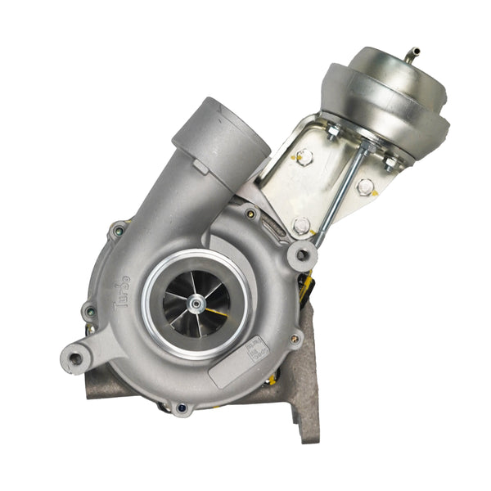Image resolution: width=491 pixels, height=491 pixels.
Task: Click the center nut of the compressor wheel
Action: [196, 304]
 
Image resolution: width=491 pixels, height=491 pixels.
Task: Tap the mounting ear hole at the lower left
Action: [76, 358]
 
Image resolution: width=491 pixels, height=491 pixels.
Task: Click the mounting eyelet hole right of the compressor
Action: [302, 255]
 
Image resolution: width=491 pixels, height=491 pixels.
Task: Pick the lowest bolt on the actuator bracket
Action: [301, 224]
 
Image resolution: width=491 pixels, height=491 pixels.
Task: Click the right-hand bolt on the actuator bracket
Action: [365, 187]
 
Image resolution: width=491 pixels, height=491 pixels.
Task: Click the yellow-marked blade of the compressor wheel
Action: [216, 313]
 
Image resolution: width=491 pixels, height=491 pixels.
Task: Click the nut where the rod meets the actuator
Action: [360, 147]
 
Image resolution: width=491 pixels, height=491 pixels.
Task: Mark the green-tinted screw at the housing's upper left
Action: [120, 231]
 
